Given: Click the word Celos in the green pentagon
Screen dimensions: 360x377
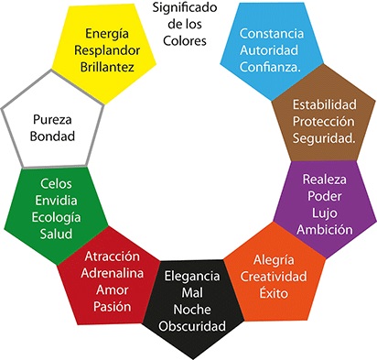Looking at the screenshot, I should pos(55,182).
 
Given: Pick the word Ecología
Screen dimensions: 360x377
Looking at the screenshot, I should pos(55,216).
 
